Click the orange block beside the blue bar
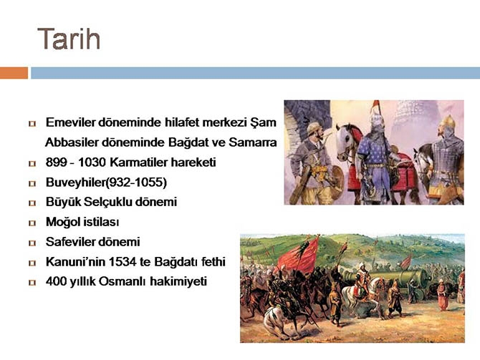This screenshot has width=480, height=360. (14, 73)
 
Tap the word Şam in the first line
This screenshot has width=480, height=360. (264, 123)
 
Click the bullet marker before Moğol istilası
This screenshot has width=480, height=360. (32, 223)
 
